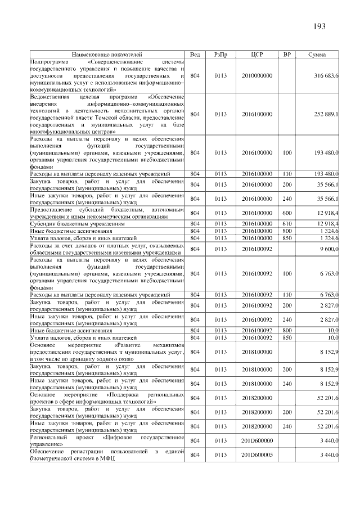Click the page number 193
coord(319,26)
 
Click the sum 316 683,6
coord(326,75)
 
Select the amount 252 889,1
coord(326,114)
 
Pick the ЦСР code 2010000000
coord(257,75)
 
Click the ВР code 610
coord(287,223)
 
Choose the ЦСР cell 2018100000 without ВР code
coord(257,352)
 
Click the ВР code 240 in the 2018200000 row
coord(287,426)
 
